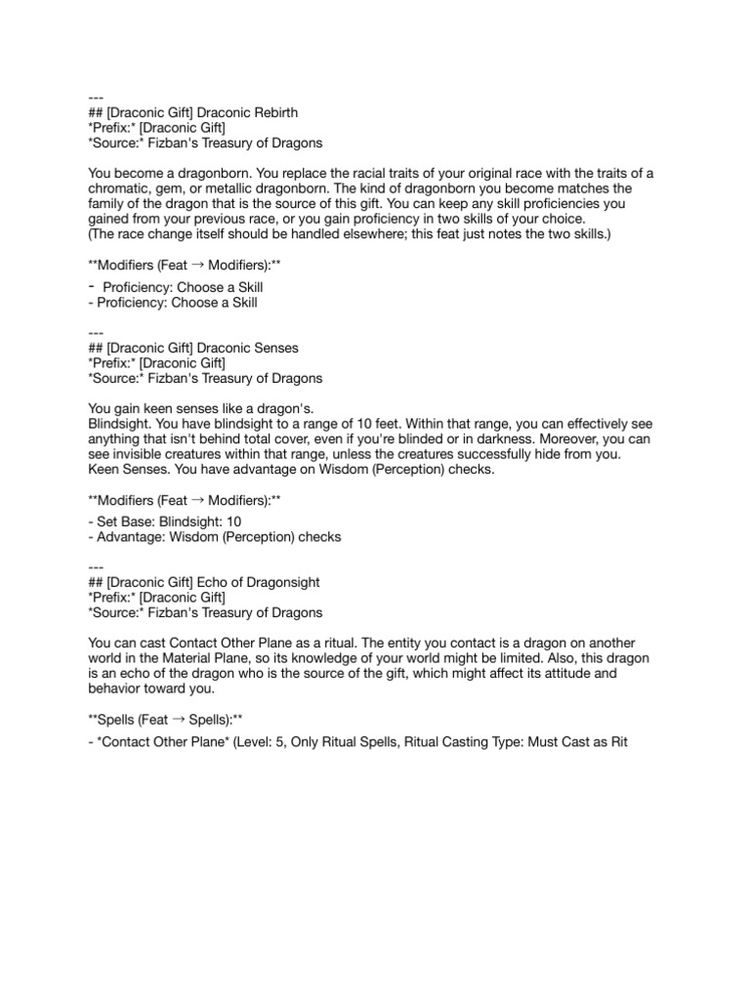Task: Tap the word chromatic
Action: click(121, 187)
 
